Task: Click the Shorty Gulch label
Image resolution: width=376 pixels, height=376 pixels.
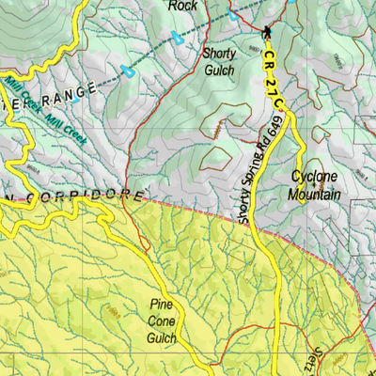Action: tap(219, 60)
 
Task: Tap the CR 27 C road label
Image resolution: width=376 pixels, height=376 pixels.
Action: tap(274, 80)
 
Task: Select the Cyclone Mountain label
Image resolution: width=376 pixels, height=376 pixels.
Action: tap(315, 184)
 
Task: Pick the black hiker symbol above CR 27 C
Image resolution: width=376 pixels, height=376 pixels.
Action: tap(267, 32)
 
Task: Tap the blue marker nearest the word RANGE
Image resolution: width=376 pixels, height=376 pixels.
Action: tap(127, 70)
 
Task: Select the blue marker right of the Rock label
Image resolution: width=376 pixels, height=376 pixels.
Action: tap(233, 15)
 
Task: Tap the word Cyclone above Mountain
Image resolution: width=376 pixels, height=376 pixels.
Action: tap(314, 177)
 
